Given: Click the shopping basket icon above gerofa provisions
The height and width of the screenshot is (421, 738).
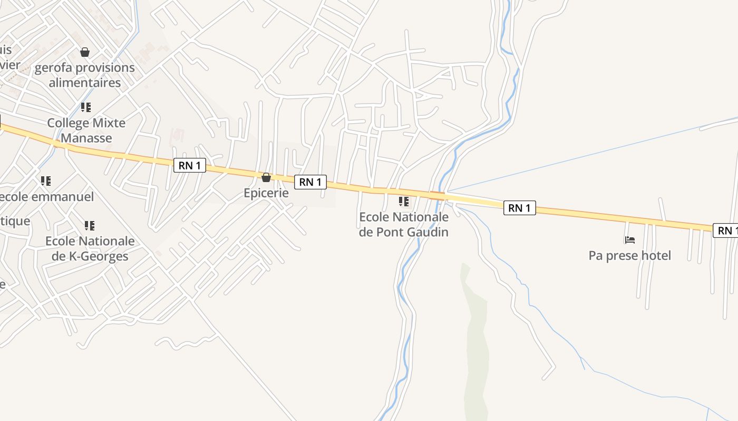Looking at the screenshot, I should (85, 52).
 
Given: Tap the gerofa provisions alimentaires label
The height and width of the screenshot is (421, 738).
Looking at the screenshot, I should (85, 75).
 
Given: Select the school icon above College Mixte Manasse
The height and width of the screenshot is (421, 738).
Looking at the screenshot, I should (86, 107).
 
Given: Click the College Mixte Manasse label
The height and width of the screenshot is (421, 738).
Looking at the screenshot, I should (86, 131).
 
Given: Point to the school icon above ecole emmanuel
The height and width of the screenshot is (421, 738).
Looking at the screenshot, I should (46, 181).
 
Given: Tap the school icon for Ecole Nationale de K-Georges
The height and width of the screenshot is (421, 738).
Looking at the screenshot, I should (90, 226).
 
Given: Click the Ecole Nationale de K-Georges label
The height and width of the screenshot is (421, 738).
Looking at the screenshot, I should (90, 248).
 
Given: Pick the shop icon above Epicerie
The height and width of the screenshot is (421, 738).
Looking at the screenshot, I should (266, 177).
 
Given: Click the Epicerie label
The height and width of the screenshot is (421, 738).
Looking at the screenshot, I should (266, 193).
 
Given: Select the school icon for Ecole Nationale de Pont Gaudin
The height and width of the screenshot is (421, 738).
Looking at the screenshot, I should (404, 201).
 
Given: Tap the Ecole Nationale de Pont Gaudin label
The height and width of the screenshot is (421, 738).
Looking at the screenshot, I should (404, 224).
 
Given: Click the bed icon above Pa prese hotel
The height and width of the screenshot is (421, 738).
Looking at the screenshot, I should (629, 240).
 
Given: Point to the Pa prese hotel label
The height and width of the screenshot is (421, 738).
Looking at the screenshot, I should (629, 256).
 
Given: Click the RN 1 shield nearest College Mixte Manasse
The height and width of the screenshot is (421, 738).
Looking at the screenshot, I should (190, 165).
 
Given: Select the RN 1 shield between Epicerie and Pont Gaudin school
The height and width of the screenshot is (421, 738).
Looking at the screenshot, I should (310, 182).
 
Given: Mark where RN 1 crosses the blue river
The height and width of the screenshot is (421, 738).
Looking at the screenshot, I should (439, 196).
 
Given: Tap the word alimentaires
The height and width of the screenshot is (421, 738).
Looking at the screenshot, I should (85, 83).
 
